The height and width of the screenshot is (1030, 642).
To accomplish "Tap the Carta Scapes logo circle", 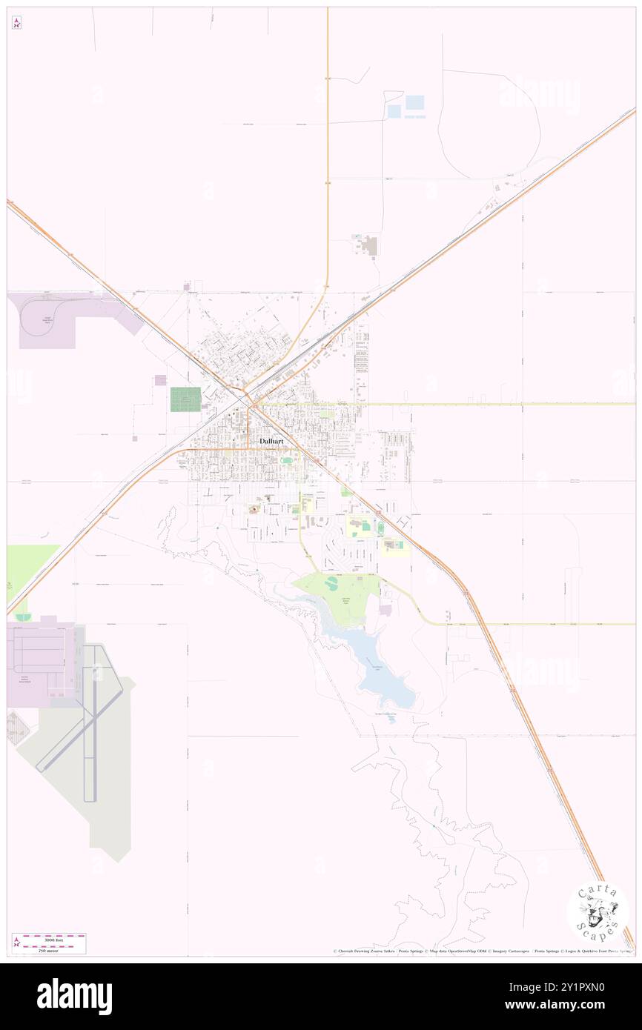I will tap(598, 912).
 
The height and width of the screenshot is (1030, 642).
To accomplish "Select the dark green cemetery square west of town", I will tap(185, 399).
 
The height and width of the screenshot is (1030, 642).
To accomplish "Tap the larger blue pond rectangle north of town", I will tap(414, 102).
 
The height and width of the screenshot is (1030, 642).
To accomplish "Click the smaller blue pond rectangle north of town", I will tap(394, 110).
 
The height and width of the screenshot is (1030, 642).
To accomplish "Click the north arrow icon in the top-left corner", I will tap(16, 23).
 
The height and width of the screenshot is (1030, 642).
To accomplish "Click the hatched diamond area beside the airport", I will tap(19, 728).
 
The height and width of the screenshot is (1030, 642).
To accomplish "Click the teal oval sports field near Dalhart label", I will tap(286, 460).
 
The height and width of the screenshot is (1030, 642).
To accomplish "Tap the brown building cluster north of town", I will tap(370, 245).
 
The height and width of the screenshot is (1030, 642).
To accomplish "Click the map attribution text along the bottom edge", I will tap(482, 951).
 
